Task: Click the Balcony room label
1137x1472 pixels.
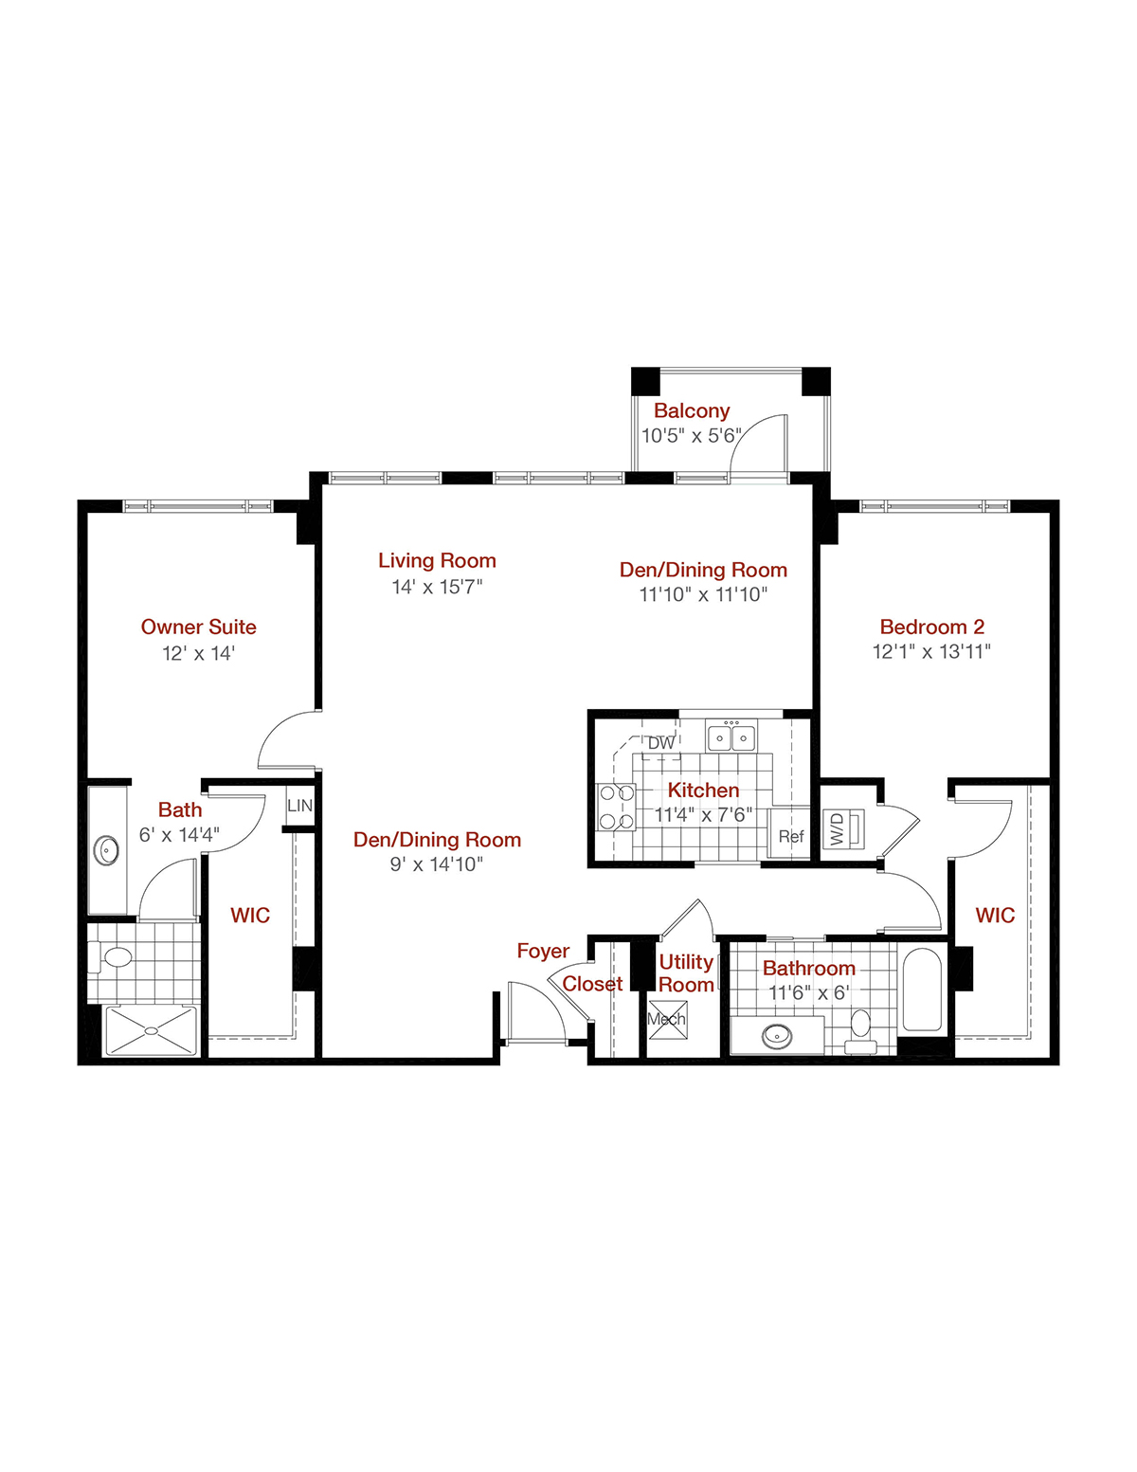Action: [x=692, y=411]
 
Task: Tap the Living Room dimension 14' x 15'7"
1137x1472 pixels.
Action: [x=437, y=588]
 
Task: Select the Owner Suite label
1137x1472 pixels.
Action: [x=198, y=627]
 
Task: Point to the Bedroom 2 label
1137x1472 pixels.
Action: [x=931, y=627]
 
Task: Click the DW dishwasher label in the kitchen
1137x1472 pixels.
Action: [x=661, y=743]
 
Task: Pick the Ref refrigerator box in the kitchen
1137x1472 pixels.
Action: [x=790, y=835]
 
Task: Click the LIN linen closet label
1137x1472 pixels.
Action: [x=299, y=806]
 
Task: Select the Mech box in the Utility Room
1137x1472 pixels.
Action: [x=667, y=1020]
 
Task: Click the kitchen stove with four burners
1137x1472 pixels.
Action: [x=616, y=807]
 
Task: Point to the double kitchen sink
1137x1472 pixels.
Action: [x=731, y=736]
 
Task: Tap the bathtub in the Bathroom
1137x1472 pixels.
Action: [x=921, y=990]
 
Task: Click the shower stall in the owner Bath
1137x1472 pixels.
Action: [x=151, y=1030]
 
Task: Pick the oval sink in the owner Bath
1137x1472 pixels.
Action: [x=107, y=850]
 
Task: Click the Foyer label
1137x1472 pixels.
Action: [x=543, y=951]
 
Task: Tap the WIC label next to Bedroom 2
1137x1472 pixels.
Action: [x=995, y=916]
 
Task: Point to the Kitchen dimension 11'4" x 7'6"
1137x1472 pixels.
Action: [x=703, y=815]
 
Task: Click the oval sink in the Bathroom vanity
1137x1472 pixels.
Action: [x=778, y=1036]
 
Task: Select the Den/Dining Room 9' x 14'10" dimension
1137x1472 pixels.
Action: [x=437, y=864]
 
